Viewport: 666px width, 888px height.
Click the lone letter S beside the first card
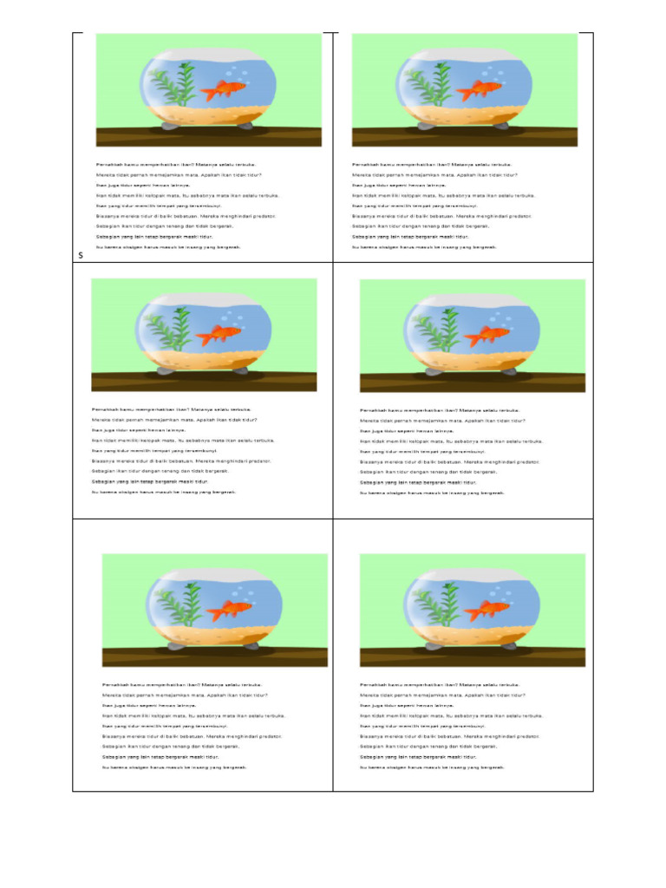[x=80, y=256]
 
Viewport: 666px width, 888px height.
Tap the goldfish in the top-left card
[x=226, y=90]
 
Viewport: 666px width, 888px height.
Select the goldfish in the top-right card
[x=482, y=90]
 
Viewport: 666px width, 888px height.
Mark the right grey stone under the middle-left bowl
[x=240, y=371]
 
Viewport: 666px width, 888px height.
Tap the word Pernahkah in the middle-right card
[x=375, y=409]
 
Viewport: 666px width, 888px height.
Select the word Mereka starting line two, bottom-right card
[x=370, y=695]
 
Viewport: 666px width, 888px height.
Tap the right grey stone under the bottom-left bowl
[x=251, y=646]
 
